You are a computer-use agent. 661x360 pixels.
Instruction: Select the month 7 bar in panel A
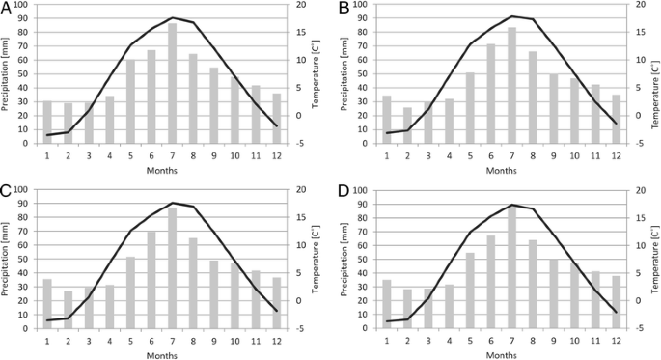click(172, 83)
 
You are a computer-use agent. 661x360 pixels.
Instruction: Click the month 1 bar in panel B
click(386, 120)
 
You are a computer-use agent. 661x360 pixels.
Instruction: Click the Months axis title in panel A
click(161, 170)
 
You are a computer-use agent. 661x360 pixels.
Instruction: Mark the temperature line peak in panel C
click(172, 203)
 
